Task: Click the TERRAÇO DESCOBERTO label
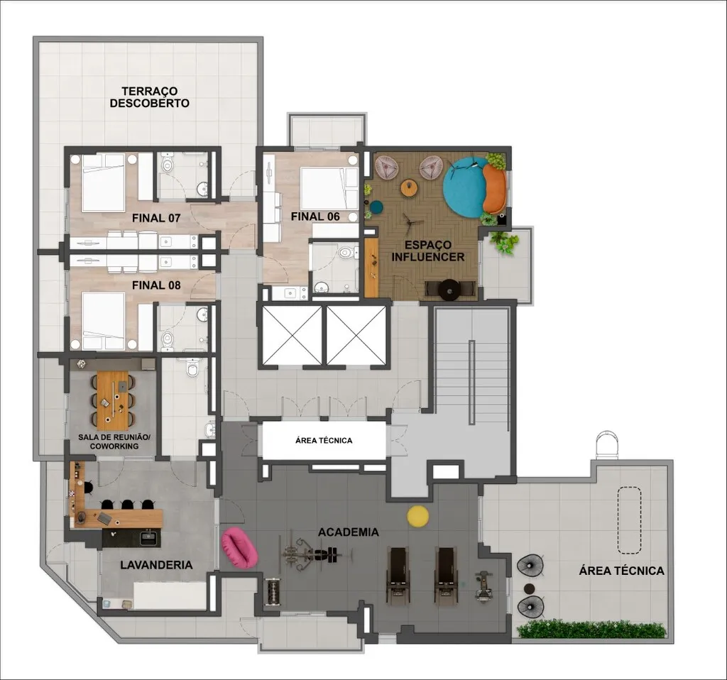(x=149, y=97)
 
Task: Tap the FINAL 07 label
(x=155, y=218)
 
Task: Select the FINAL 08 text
(x=155, y=285)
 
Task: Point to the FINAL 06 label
(x=315, y=216)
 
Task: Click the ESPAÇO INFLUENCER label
(x=428, y=251)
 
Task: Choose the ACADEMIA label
(x=348, y=532)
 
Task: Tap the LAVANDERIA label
(x=156, y=565)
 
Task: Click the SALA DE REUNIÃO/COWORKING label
(x=114, y=442)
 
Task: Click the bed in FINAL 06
(x=329, y=188)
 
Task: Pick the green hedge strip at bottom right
(x=591, y=630)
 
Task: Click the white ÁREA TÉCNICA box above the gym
(x=324, y=440)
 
